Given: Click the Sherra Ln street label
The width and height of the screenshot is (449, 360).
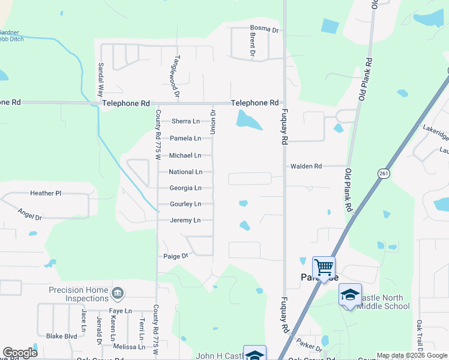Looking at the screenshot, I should coord(185,121).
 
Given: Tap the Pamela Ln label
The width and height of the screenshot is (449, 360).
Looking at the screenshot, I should coord(184,138).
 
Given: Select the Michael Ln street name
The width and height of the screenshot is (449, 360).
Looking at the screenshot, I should coord(185,155).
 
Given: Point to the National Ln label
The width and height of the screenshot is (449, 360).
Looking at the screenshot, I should coord(185,172).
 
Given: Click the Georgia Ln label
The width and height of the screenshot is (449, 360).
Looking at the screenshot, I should coord(185,188).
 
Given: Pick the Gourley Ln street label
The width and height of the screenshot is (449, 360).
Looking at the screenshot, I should coord(185,204).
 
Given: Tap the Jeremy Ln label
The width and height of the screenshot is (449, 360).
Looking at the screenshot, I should coord(185,220).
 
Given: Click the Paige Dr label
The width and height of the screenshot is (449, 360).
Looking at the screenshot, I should coord(176,256).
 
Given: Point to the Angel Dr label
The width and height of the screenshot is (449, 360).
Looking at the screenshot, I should coord(29,215).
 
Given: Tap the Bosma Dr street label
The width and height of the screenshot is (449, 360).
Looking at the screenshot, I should coord(264,29).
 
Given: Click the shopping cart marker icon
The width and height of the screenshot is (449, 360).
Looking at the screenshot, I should coord(324,266).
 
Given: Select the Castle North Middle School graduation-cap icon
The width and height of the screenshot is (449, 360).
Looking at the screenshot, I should coord(350,295).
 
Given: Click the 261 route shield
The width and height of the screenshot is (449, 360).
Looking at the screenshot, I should coord(382,173).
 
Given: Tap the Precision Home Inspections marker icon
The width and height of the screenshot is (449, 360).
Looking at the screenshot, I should coord(118,293).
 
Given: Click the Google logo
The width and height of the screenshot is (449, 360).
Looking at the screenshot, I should coord(20,353).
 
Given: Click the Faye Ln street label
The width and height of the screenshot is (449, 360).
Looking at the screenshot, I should coord(120,311).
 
